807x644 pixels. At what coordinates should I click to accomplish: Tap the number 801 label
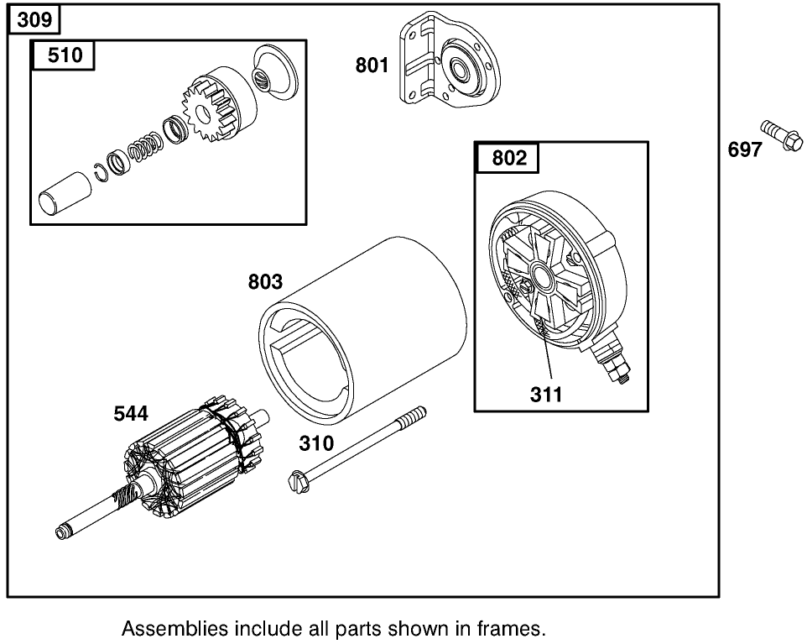point(372,64)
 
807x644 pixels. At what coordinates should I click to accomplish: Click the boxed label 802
point(508,158)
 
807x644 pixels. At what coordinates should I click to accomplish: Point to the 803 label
point(265,281)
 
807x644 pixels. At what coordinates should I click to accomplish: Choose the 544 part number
point(132,413)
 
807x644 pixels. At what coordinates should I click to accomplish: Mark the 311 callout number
point(546,392)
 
